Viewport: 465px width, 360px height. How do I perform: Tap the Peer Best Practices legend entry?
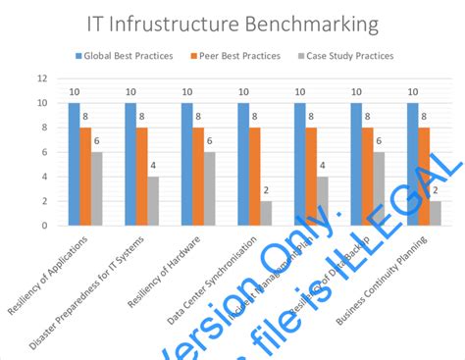click(235, 56)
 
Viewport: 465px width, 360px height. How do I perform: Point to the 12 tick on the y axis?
click(42, 78)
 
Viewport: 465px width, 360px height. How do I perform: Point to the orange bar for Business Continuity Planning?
click(424, 177)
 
